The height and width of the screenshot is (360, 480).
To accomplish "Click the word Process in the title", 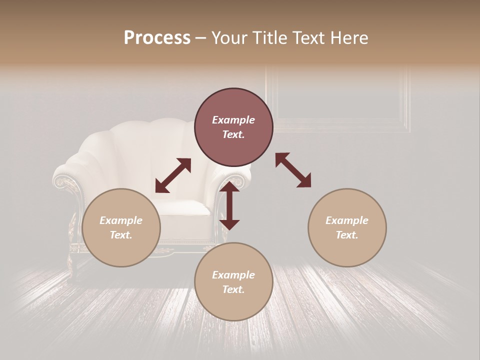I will (x=157, y=38).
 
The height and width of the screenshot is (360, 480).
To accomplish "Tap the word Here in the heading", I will (x=350, y=38).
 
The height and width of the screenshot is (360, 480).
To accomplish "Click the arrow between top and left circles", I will (x=173, y=175).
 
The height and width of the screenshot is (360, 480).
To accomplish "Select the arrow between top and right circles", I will (x=293, y=170).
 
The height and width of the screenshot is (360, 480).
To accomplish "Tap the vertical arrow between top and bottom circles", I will (x=229, y=205).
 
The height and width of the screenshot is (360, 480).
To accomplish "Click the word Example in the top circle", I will (x=233, y=120).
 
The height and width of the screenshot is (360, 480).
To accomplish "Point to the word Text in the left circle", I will (x=121, y=235).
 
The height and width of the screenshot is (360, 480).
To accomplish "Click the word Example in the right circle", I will (x=347, y=220).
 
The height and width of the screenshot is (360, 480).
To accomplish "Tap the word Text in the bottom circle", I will (x=233, y=289).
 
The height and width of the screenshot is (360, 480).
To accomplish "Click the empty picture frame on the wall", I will (x=340, y=100).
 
